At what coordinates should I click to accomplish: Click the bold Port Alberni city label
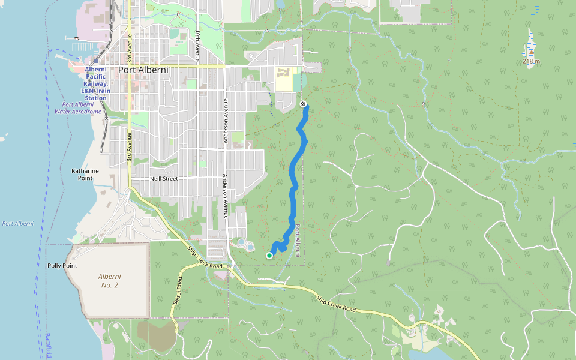(x=143, y=70)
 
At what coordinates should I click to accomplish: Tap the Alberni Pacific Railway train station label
(x=95, y=83)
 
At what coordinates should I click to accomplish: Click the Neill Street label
(x=164, y=179)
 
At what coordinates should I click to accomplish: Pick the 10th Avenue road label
(x=197, y=46)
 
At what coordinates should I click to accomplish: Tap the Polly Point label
(x=62, y=265)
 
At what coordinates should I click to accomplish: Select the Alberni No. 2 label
(x=110, y=280)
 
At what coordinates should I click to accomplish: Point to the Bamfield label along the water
(x=48, y=346)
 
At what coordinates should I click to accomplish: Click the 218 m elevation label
(x=531, y=61)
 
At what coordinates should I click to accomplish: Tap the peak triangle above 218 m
(x=531, y=53)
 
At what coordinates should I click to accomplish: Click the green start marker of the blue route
(x=269, y=256)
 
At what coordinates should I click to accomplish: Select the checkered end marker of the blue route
(x=304, y=104)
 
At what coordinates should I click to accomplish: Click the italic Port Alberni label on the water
(x=17, y=224)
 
